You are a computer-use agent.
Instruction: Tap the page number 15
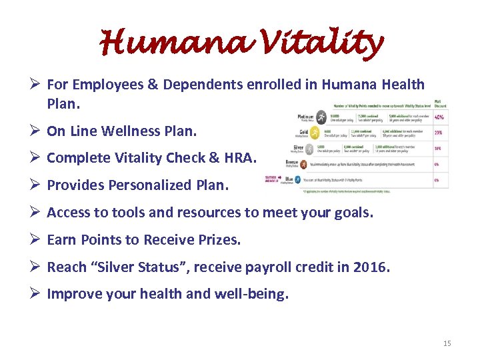[x=447, y=343]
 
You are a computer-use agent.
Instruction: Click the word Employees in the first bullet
[x=109, y=85]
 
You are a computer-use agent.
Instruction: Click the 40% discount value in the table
[x=440, y=117]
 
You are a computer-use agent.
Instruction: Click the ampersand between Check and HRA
[x=217, y=158]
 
